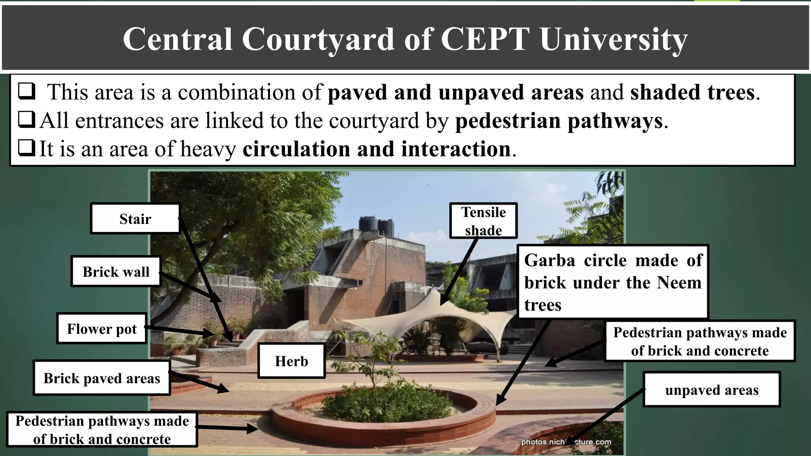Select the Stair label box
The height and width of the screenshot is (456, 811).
tap(135, 219)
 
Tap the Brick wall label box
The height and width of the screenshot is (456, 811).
tap(116, 272)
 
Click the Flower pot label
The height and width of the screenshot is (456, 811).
tap(102, 329)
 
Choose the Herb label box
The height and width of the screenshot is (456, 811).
tap(291, 361)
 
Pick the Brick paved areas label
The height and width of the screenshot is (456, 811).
tap(102, 378)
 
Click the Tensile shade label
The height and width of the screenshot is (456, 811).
tap(483, 221)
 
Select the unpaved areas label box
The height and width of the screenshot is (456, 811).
tap(712, 390)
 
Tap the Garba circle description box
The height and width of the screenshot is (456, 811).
tap(613, 282)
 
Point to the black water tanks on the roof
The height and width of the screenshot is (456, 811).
tap(376, 226)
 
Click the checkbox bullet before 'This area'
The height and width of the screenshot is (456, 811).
tap(27, 91)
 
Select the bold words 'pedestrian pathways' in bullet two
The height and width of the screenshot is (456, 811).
tap(559, 121)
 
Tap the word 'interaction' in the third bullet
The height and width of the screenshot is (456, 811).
tap(455, 149)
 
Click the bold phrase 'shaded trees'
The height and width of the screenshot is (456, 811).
tap(692, 92)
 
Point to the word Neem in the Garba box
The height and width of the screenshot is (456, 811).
tap(679, 283)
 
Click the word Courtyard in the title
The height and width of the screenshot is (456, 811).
tap(318, 39)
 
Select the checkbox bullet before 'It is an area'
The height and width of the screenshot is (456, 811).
tap(27, 148)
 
